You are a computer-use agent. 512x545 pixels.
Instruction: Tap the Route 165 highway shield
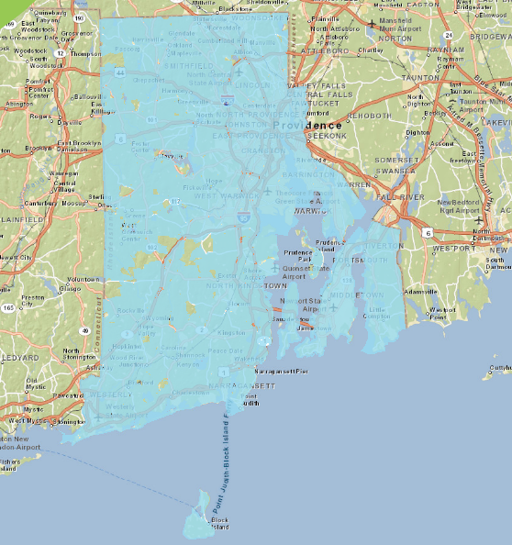point(8,308)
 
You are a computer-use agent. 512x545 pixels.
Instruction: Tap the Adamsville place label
point(421,291)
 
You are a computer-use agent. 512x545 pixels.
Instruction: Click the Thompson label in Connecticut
point(84,54)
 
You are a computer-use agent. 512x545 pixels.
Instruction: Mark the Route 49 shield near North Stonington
point(84,330)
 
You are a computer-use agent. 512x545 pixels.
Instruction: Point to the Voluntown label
point(82,279)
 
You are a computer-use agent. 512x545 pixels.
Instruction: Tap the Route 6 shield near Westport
point(429,233)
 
